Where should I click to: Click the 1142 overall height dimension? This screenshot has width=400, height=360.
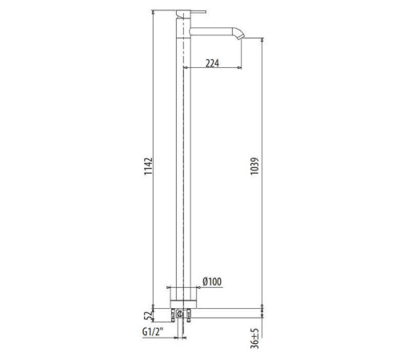(x=148, y=166)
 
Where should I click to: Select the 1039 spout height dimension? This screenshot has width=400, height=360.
(x=254, y=166)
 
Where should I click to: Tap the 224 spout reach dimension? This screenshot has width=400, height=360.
(x=212, y=63)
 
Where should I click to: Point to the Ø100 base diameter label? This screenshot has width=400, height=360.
(x=212, y=282)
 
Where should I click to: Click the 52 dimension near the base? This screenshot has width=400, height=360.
(x=148, y=316)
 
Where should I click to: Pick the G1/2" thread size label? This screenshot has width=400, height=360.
(x=153, y=332)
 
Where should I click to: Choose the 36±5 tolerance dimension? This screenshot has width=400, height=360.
(x=254, y=338)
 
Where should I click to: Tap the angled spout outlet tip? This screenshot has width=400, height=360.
(x=240, y=37)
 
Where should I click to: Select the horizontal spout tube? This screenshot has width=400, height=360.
(x=212, y=31)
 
